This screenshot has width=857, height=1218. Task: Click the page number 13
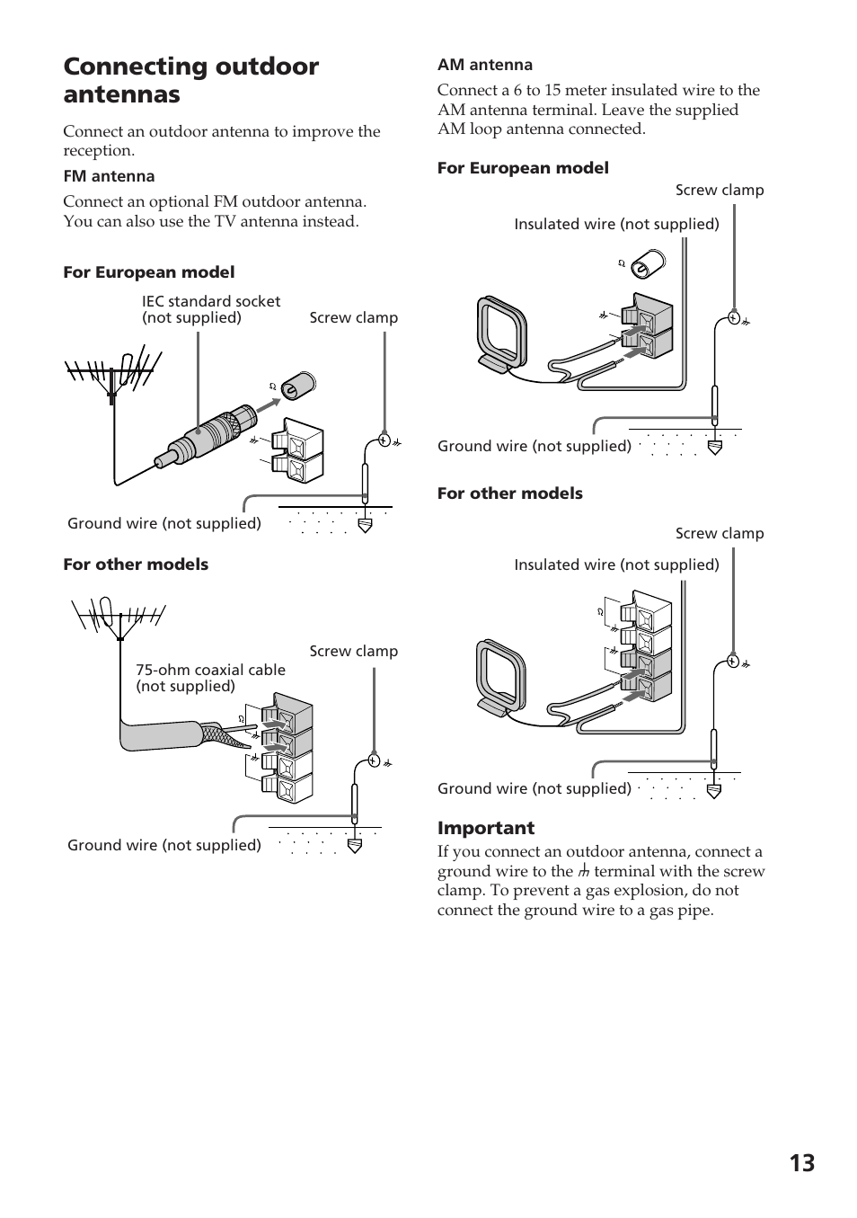(801, 1163)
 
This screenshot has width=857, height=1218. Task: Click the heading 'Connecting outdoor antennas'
(190, 80)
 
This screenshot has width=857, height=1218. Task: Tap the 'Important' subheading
(485, 828)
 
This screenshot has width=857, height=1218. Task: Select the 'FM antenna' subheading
(109, 176)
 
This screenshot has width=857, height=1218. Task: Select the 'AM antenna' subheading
(484, 65)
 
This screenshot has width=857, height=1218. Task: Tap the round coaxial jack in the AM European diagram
(646, 265)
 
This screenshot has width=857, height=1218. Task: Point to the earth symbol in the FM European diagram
(365, 526)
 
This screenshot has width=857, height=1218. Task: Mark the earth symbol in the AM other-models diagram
(713, 791)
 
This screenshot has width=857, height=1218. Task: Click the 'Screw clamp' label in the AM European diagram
(719, 191)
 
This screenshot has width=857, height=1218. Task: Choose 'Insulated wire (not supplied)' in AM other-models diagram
(616, 565)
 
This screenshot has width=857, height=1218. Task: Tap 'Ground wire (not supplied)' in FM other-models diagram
(164, 845)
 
